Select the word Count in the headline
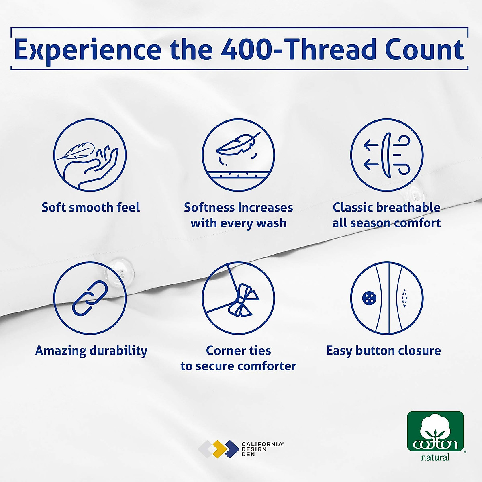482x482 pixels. pos(425,49)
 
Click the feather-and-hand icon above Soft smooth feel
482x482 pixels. pos(90,155)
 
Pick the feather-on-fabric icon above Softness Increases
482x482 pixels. pos(238,155)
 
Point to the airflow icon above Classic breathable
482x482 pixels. pos(387,155)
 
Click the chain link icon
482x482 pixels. pos(90,298)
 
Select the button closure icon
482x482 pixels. pos(387,298)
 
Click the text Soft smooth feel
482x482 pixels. pos(90,208)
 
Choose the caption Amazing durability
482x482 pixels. pos(91,351)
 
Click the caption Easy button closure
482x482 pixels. pos(384,351)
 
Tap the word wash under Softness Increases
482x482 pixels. pos(272,223)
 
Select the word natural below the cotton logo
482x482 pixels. pos(435,457)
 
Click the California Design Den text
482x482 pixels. pos(263,449)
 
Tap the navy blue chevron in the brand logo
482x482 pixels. pos(232,449)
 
